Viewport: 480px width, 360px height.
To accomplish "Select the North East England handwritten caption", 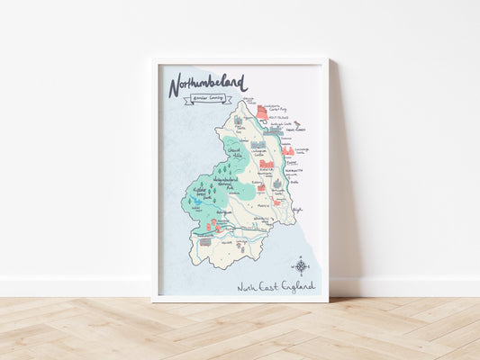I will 276,286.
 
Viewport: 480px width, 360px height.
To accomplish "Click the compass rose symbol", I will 301,265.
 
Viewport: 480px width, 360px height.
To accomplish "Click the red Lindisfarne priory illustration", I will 262,112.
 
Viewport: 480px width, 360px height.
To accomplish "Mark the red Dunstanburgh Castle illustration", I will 288,151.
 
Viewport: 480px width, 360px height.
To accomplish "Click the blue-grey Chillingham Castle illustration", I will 258,143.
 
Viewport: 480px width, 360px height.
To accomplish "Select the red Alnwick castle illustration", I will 267,165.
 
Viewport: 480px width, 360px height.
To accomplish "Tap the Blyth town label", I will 296,209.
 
